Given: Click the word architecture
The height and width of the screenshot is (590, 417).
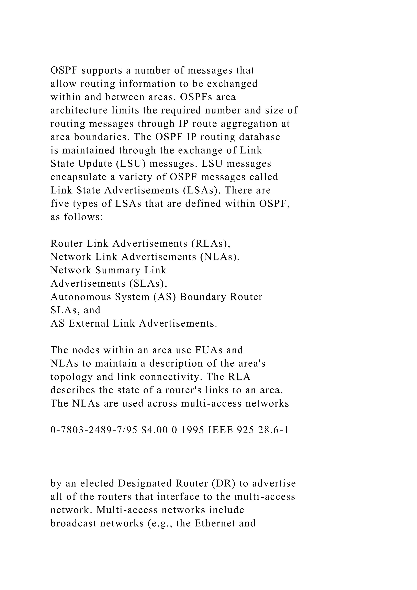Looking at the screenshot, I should [x=79, y=110].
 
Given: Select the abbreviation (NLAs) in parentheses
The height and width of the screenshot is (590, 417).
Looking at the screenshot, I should [x=220, y=257].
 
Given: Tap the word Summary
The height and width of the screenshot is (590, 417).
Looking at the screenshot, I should [x=118, y=270].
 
